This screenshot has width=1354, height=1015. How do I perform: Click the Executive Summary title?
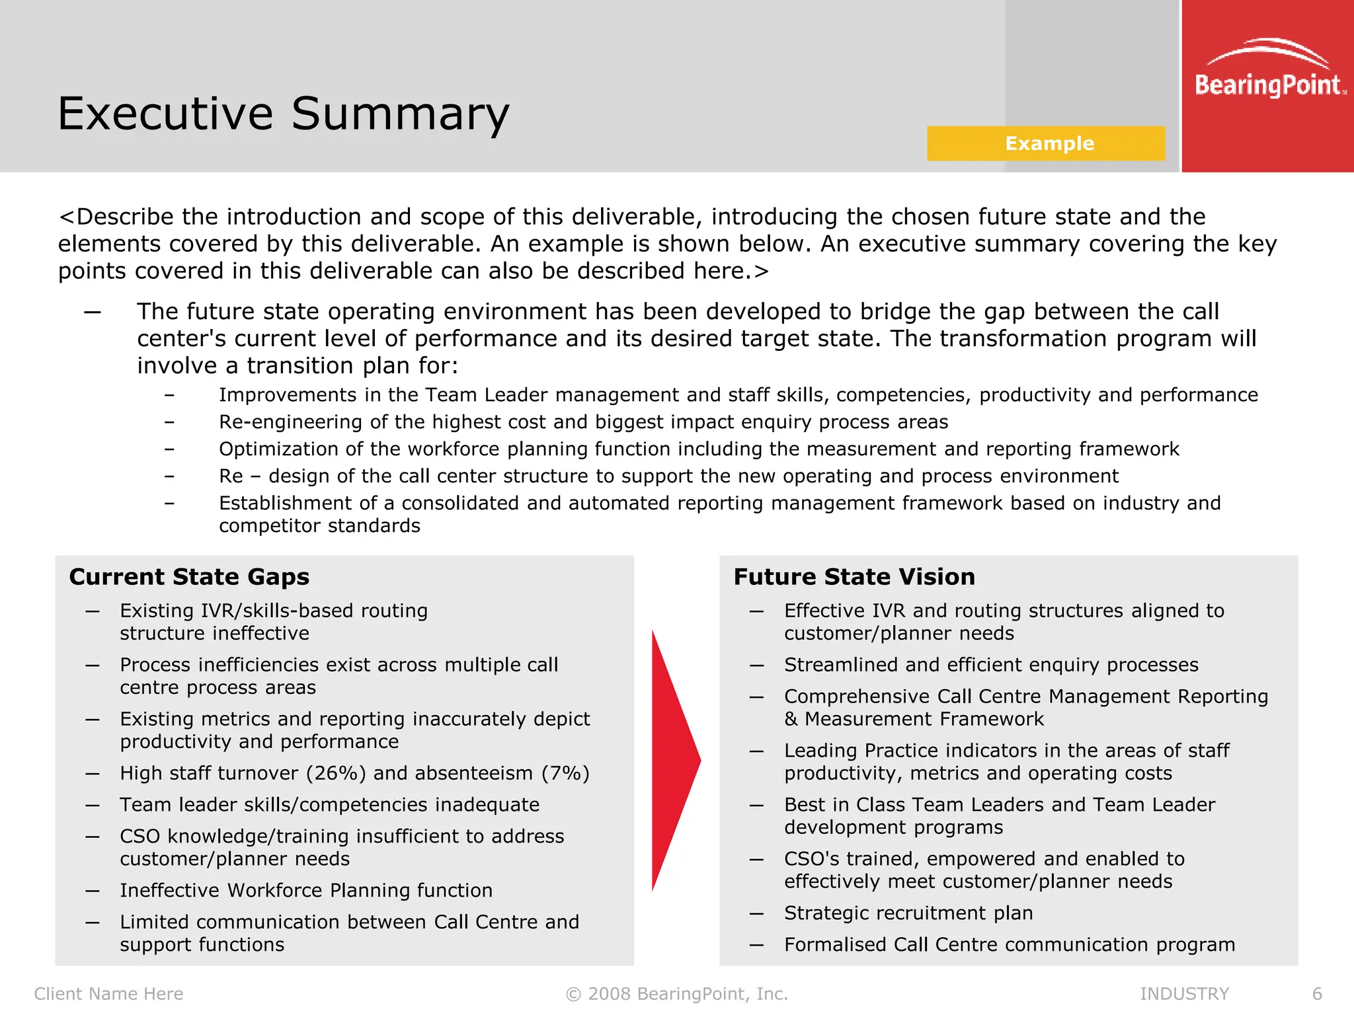[x=283, y=114]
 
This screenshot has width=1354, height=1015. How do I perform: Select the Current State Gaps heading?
[x=189, y=577]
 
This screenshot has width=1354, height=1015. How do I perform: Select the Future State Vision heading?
[x=854, y=577]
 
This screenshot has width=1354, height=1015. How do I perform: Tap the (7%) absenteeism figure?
[x=565, y=773]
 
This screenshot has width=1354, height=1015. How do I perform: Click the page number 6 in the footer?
[x=1317, y=994]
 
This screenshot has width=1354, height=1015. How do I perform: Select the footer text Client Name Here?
[x=108, y=994]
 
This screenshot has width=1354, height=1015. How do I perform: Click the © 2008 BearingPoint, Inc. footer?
[x=677, y=994]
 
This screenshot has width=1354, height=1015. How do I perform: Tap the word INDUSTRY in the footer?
[x=1184, y=994]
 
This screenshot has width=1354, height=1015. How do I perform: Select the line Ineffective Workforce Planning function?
[x=306, y=891]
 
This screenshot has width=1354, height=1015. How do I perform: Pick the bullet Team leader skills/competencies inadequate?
[x=329, y=805]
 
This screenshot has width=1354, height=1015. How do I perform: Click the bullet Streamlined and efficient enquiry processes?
[x=991, y=665]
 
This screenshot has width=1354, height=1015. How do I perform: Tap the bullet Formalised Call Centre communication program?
[x=1010, y=945]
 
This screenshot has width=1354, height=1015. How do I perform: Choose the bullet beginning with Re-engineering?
[x=583, y=422]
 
